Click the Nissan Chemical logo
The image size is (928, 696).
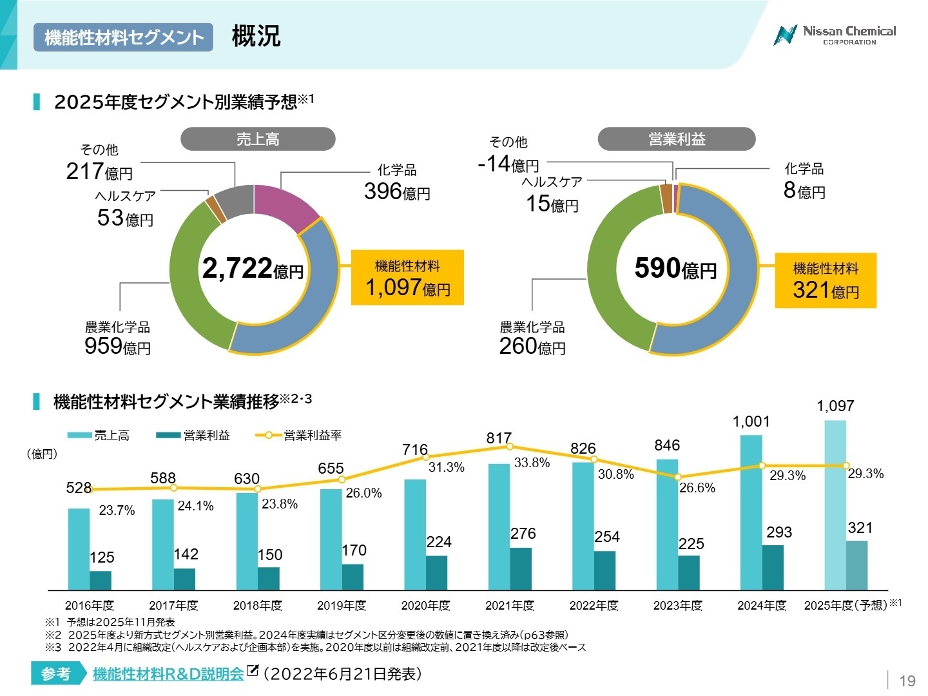pyautogui.click(x=835, y=35)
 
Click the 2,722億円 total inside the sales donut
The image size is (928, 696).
pyautogui.click(x=253, y=269)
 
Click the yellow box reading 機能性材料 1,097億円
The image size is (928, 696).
pyautogui.click(x=407, y=278)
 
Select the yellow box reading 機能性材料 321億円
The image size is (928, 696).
pyautogui.click(x=826, y=280)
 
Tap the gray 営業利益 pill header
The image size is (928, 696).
pyautogui.click(x=676, y=139)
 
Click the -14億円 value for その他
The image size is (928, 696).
pyautogui.click(x=508, y=164)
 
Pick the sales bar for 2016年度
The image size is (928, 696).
pyautogui.click(x=79, y=548)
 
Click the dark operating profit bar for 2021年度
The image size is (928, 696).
pyautogui.click(x=521, y=568)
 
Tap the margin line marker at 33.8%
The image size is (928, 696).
pyautogui.click(x=510, y=446)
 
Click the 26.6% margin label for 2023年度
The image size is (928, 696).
pyautogui.click(x=697, y=488)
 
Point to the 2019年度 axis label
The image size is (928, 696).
pyautogui.click(x=342, y=606)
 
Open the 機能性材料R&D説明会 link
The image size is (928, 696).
pyautogui.click(x=168, y=674)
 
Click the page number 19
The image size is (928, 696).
pyautogui.click(x=907, y=681)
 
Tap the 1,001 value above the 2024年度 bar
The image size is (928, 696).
pyautogui.click(x=751, y=421)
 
